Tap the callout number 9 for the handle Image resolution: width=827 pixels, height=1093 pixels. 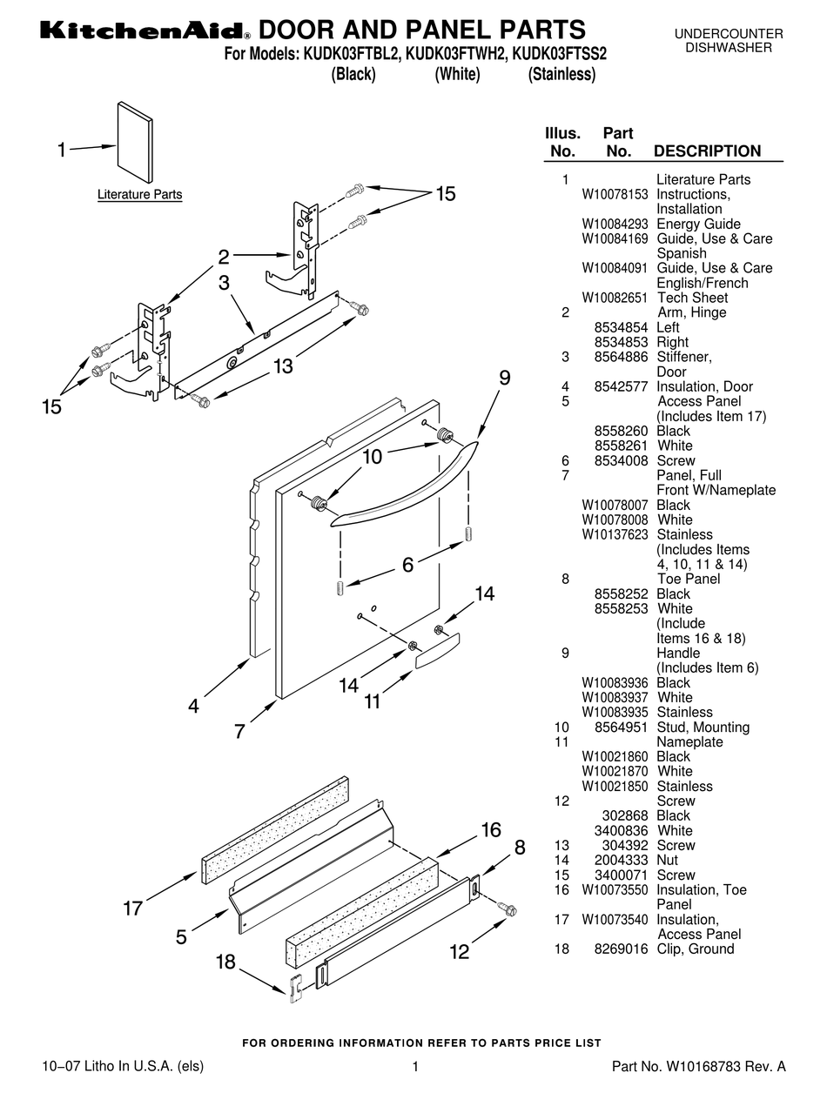click(504, 378)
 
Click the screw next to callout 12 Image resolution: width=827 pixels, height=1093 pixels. click(506, 909)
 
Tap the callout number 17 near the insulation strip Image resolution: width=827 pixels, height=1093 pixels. click(132, 909)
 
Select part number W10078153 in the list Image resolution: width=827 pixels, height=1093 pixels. click(615, 194)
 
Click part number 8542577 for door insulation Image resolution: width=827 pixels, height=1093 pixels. click(622, 386)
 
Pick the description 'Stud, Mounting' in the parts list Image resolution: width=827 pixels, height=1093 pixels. click(703, 727)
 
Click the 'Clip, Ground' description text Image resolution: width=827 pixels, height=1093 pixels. click(695, 949)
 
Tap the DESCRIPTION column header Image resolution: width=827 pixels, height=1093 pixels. click(707, 151)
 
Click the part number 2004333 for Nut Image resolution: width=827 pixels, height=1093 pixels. click(622, 860)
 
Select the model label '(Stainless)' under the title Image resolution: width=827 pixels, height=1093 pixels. click(561, 75)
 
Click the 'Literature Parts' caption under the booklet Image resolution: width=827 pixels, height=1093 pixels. click(139, 194)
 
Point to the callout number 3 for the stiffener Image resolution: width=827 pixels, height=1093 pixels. click(224, 282)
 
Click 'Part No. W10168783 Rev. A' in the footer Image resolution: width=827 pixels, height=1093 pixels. click(699, 1066)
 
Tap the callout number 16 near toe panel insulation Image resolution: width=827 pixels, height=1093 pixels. click(491, 829)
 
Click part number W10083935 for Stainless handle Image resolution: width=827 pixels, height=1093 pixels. click(615, 712)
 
